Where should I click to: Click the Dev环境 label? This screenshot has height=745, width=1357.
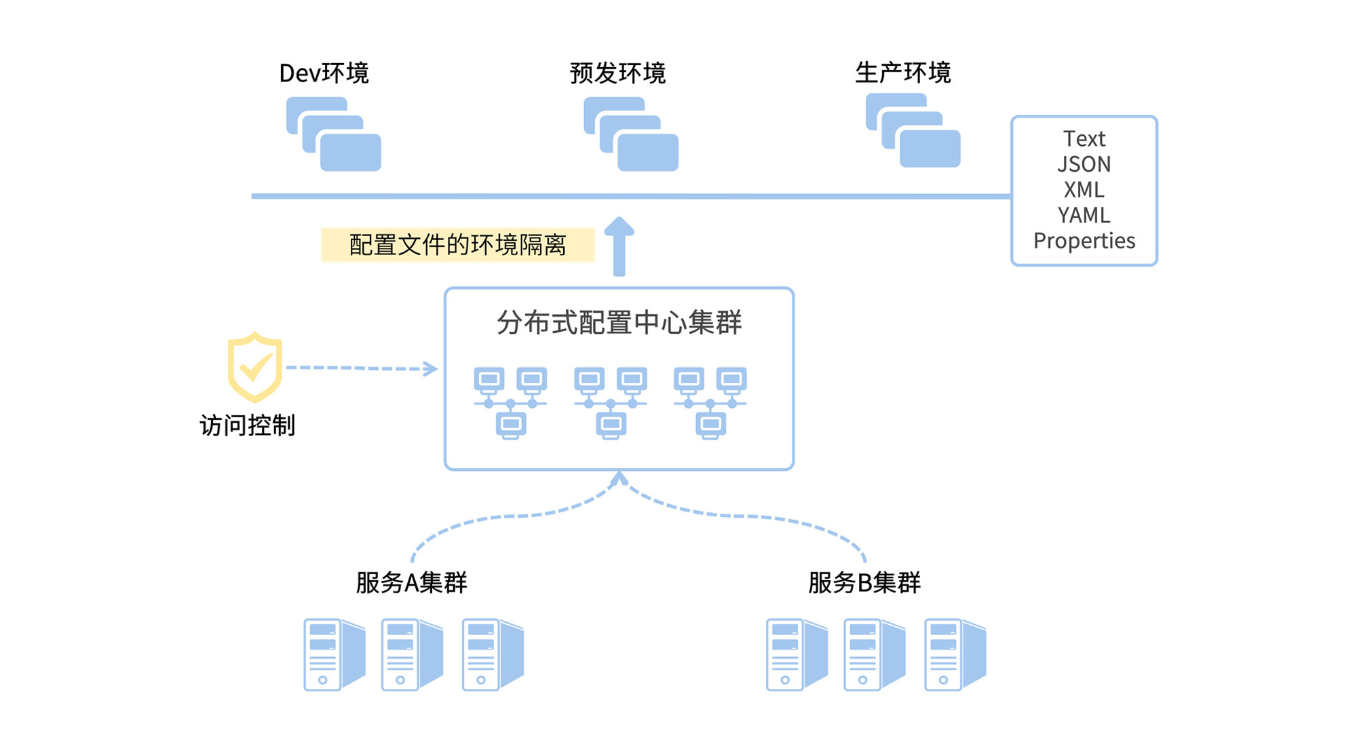[x=324, y=73]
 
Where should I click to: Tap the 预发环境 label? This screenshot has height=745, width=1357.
[x=617, y=73]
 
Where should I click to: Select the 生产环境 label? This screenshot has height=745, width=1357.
[x=902, y=73]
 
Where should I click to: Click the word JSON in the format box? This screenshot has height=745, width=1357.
[x=1084, y=164]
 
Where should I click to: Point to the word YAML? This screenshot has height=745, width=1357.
[x=1084, y=215]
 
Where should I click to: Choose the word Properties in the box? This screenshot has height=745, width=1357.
[x=1084, y=241]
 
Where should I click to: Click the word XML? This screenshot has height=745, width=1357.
[x=1084, y=190]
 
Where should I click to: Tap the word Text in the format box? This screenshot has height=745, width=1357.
[x=1084, y=139]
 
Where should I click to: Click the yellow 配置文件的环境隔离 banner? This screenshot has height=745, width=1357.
[x=457, y=245]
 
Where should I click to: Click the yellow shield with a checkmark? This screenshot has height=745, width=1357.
[x=254, y=367]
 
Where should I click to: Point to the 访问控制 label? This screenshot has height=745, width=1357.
[x=247, y=425]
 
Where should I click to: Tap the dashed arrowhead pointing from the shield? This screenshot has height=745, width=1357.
[x=431, y=368]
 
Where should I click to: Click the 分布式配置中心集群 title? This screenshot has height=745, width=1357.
[x=619, y=322]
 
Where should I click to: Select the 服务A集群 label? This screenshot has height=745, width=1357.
[x=411, y=583]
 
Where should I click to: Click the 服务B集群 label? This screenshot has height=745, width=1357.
[x=864, y=583]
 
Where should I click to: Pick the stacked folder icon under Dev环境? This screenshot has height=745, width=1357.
[x=334, y=134]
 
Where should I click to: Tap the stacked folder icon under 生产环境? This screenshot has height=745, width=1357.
[x=913, y=130]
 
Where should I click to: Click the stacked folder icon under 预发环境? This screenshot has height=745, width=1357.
[x=631, y=134]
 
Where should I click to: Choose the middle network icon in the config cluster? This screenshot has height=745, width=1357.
[x=611, y=403]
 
